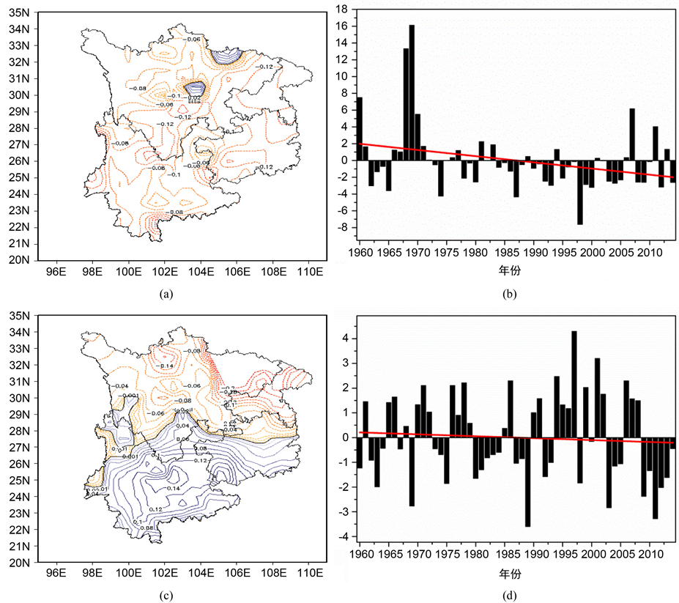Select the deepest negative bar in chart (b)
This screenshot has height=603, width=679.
tap(579, 192)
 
